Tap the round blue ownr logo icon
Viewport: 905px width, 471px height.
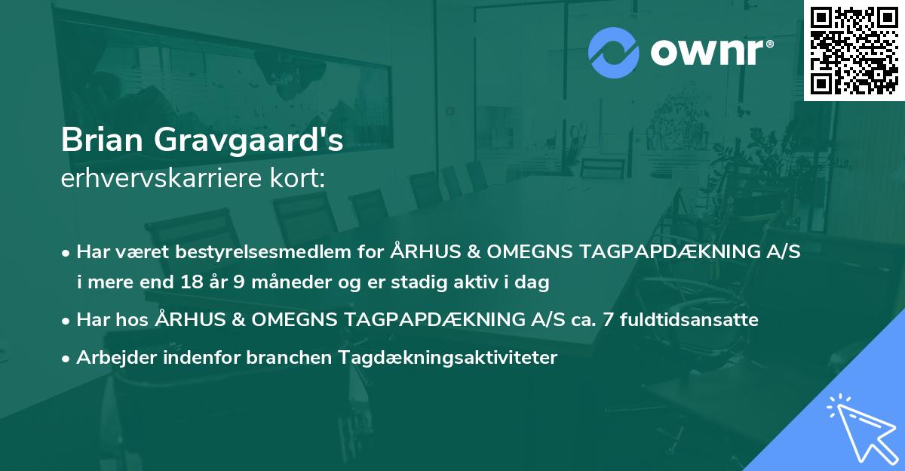[x=614, y=53]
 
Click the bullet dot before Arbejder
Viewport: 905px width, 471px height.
[x=67, y=359]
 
